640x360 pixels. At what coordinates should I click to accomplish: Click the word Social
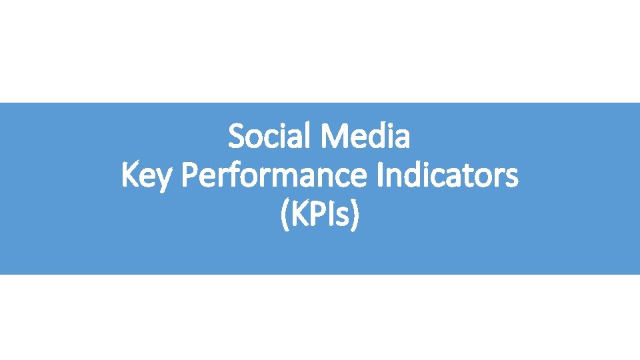[271, 137]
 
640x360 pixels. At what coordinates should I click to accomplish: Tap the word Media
[365, 137]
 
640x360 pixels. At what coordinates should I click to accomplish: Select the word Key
[148, 177]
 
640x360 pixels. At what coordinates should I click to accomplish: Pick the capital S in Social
[235, 137]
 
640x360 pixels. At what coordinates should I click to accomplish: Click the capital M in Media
[333, 137]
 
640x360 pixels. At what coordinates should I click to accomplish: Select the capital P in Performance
[189, 177]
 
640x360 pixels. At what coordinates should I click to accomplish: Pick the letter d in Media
[374, 137]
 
